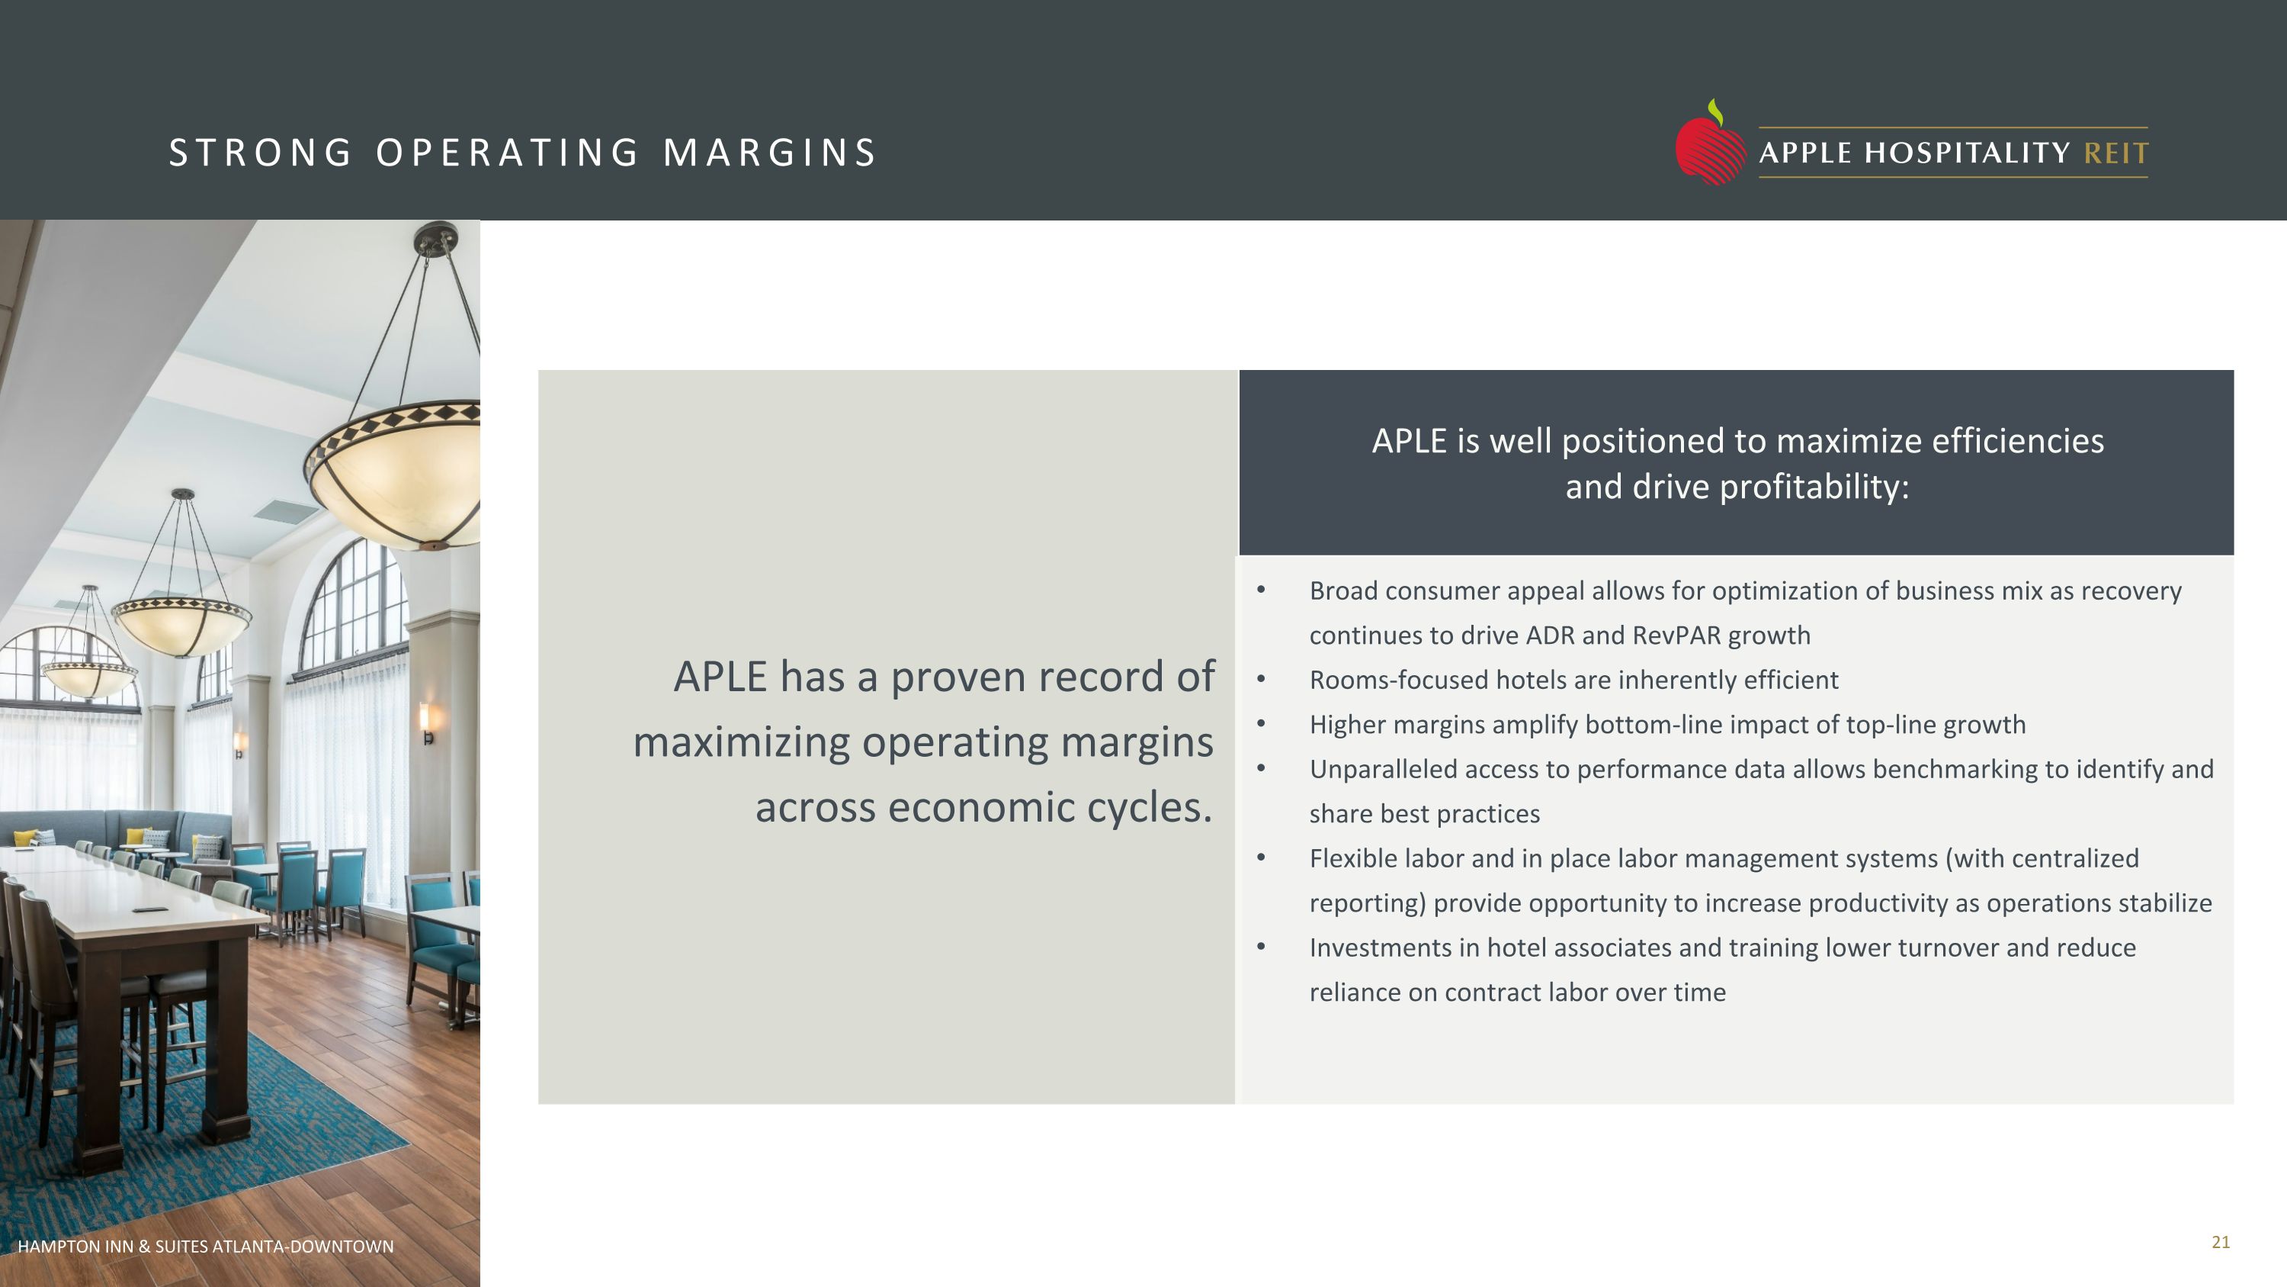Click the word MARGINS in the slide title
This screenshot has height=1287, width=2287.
769,153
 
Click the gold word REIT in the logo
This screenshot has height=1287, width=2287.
2115,153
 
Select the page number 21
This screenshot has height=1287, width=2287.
2221,1243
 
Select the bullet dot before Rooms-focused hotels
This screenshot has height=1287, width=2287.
1261,680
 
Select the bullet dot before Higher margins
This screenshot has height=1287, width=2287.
1261,724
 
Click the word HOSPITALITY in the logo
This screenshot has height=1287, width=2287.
1968,153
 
